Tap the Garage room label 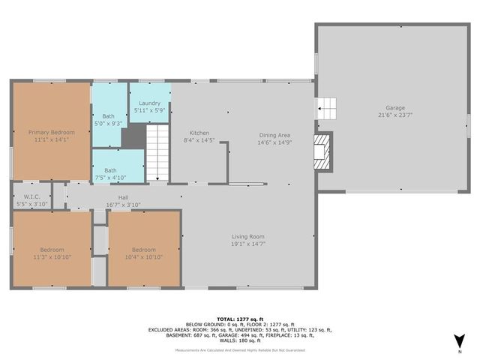[x=395, y=107]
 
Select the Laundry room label [x=150, y=102]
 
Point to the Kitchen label [x=199, y=133]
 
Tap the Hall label [x=123, y=196]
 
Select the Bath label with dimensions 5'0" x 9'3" [x=108, y=115]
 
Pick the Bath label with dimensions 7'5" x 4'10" [x=110, y=170]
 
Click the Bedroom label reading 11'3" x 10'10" [x=52, y=250]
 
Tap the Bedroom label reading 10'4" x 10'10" [x=143, y=250]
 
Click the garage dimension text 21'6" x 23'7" [x=395, y=115]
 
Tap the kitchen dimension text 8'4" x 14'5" [x=199, y=140]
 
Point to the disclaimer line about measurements [x=240, y=350]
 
